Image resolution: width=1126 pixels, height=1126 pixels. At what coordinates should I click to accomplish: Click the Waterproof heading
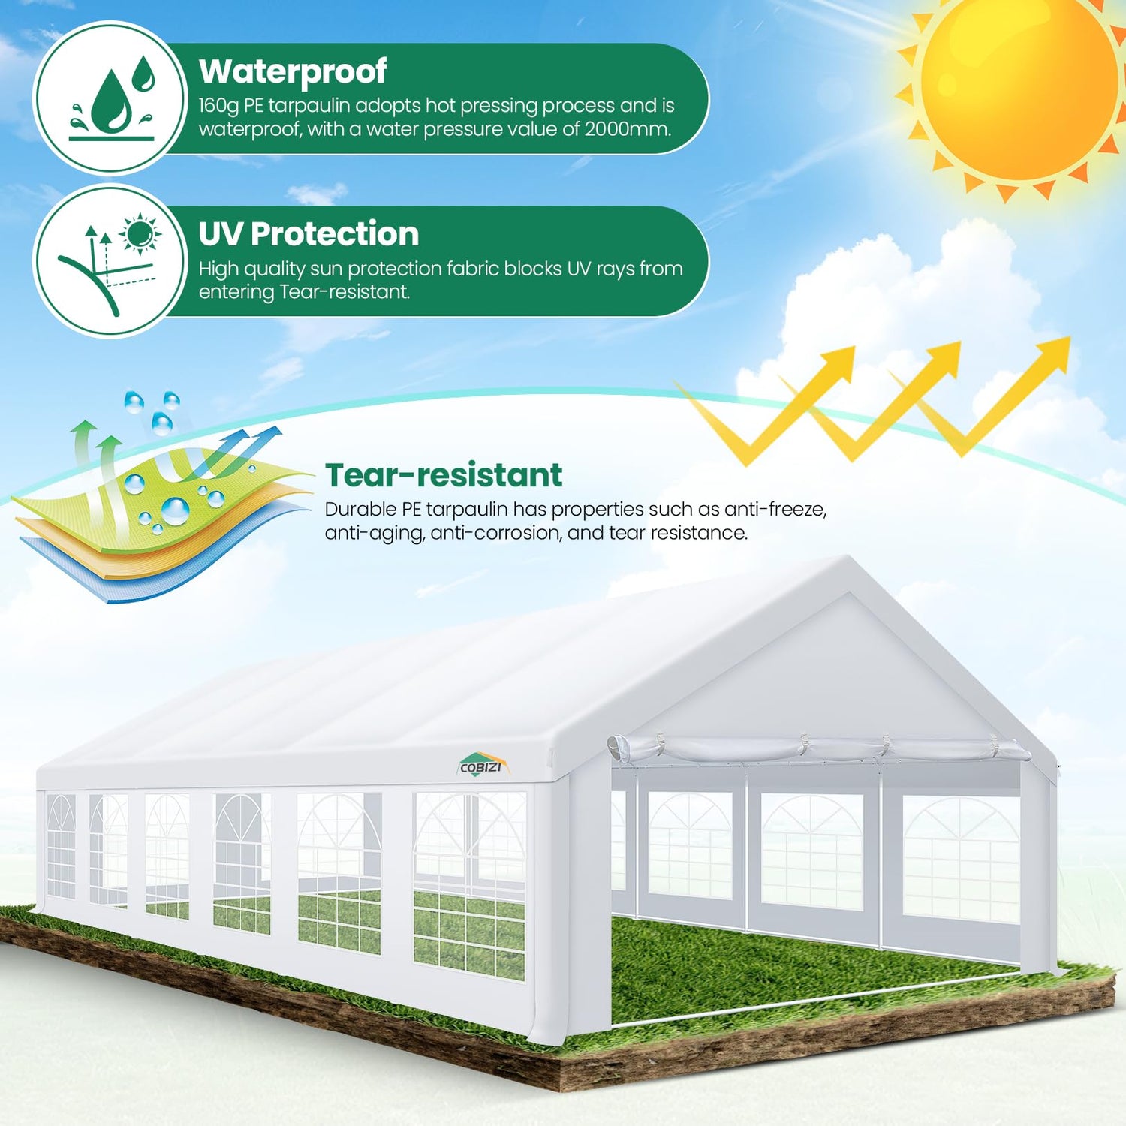tap(293, 72)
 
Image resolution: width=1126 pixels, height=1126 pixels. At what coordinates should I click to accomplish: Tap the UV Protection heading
tap(309, 234)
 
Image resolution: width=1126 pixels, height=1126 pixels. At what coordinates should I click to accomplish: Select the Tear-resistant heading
tap(444, 475)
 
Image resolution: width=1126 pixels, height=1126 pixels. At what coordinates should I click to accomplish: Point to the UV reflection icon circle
tap(111, 260)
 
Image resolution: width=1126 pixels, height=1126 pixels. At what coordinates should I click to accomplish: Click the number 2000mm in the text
tap(627, 129)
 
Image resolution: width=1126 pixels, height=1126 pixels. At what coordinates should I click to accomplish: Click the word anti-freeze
tap(775, 510)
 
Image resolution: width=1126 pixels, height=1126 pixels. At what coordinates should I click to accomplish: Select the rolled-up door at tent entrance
tap(818, 748)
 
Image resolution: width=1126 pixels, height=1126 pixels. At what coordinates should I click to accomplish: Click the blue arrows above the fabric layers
tap(240, 450)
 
